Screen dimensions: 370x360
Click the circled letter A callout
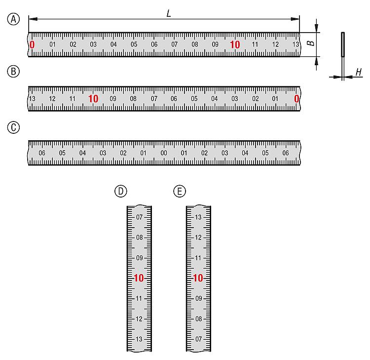pyautogui.click(x=13, y=19)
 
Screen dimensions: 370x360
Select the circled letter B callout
pyautogui.click(x=13, y=71)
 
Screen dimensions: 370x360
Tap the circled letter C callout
pyautogui.click(x=13, y=127)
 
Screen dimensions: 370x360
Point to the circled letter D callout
pyautogui.click(x=120, y=191)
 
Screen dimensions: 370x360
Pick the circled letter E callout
pyautogui.click(x=180, y=191)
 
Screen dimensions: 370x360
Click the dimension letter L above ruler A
pyautogui.click(x=169, y=13)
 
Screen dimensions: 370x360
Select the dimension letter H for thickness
pyautogui.click(x=359, y=72)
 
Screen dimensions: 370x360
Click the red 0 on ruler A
pyautogui.click(x=32, y=44)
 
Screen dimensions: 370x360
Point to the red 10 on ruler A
pyautogui.click(x=235, y=44)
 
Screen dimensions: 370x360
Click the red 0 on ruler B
pyautogui.click(x=296, y=99)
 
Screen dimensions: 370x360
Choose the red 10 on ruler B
pyautogui.click(x=93, y=99)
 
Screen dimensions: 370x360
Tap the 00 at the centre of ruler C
pyautogui.click(x=164, y=153)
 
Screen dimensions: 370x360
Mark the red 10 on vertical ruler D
pyautogui.click(x=139, y=278)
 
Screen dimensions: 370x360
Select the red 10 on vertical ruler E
pyautogui.click(x=198, y=278)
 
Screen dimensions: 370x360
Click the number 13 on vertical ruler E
pyautogui.click(x=198, y=217)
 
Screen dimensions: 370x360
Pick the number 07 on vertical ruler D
pyautogui.click(x=139, y=217)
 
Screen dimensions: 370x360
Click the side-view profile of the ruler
pyautogui.click(x=343, y=56)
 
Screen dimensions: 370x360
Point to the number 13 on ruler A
pyautogui.click(x=296, y=44)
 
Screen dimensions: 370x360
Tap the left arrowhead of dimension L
pyautogui.click(x=33, y=19)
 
